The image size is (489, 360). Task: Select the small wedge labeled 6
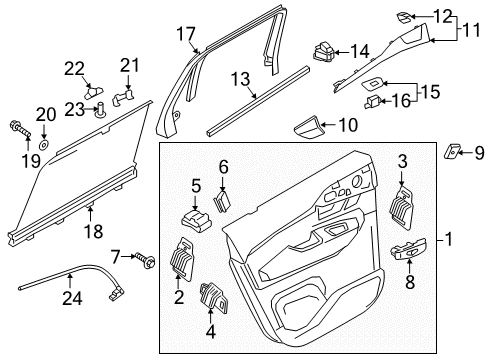pyautogui.click(x=221, y=199)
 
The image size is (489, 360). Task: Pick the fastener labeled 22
pyautogui.click(x=91, y=90)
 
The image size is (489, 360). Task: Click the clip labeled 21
pyautogui.click(x=122, y=99)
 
